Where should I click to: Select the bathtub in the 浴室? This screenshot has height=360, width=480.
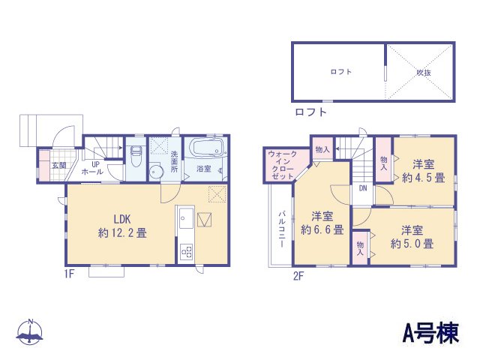pos(205,148)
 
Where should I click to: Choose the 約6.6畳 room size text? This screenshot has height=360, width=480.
pos(322,229)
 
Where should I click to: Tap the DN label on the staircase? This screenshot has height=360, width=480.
pos(362,187)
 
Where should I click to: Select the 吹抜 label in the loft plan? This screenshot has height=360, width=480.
pos(424,72)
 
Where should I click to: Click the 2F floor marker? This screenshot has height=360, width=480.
pos(297,274)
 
